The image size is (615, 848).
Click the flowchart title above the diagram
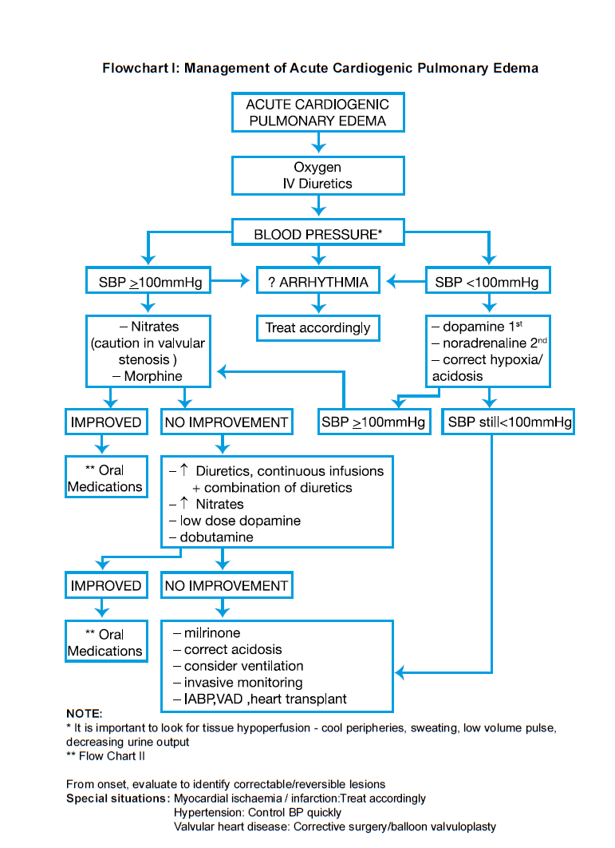point(320,68)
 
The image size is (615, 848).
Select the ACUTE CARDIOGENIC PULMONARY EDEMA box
point(317,113)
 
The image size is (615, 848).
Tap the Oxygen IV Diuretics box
point(317,176)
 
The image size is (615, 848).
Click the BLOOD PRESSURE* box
point(317,235)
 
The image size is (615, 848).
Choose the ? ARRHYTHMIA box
point(318,282)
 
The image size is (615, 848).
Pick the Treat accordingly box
point(317,327)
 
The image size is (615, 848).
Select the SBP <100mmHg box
point(487,282)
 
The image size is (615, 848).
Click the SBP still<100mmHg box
point(508,422)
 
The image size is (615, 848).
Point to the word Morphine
point(153,376)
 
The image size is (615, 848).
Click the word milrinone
point(211,632)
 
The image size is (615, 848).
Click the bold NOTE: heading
point(84,713)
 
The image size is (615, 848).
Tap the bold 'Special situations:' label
point(117,798)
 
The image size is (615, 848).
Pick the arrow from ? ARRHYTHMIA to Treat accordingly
point(317,303)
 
